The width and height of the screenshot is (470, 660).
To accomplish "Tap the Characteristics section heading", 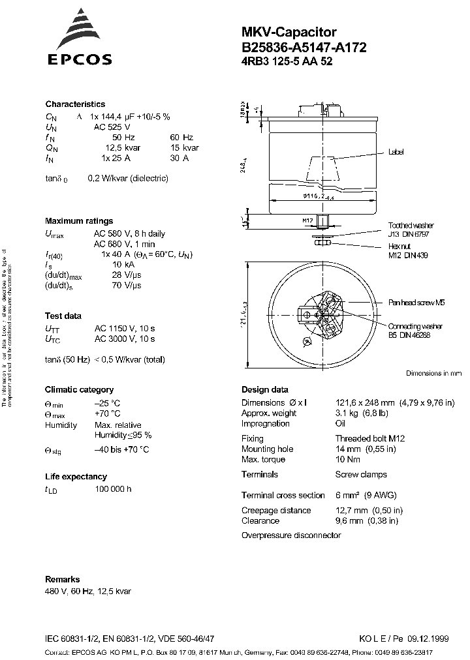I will tap(75, 104).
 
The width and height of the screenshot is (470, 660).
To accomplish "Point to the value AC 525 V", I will tap(112, 127).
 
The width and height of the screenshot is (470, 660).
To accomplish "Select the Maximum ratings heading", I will tap(79, 221).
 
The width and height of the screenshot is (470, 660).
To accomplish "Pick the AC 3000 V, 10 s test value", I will tap(125, 339).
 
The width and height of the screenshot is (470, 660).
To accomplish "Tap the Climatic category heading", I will tap(79, 390).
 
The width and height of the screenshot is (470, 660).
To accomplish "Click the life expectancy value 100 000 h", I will tap(113, 489).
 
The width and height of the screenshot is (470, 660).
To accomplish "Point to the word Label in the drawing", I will tap(396, 152).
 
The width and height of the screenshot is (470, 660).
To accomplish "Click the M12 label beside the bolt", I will tap(307, 220).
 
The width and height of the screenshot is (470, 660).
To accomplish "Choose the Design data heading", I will tap(264, 390).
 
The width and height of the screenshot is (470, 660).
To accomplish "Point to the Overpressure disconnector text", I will tap(291, 535).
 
